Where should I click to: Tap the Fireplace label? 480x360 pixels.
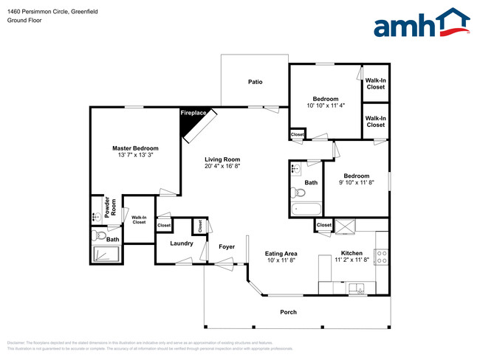[x=194, y=114]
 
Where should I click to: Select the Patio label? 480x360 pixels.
[x=255, y=82]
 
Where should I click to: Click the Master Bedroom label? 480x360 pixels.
[x=135, y=148]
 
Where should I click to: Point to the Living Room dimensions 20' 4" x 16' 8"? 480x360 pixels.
[x=222, y=167]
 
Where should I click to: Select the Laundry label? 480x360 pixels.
[x=181, y=243]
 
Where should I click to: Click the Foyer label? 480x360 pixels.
[x=226, y=246]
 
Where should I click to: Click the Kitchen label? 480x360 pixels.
[x=352, y=254]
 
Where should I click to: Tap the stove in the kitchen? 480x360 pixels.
[x=382, y=257]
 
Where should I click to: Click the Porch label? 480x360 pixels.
[x=288, y=312]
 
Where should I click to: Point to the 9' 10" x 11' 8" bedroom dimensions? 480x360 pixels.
[x=356, y=182]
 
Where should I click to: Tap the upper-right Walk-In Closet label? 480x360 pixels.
[x=375, y=83]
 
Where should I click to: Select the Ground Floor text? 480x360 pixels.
[x=24, y=21]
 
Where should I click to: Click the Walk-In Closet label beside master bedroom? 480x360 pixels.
[x=139, y=219]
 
